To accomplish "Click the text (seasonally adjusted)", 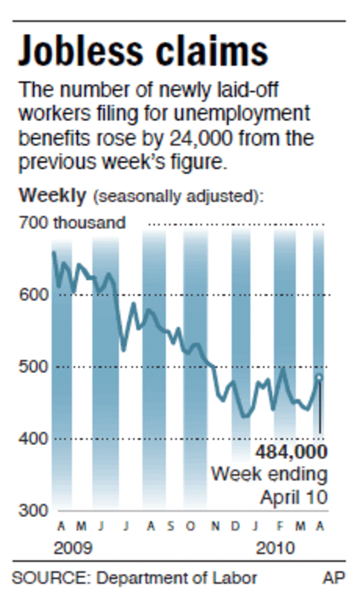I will point(178,196).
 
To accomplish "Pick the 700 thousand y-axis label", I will point(72,223).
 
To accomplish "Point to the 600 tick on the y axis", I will point(34,295).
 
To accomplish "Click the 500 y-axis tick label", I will point(34,367).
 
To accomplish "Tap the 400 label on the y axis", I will point(34,439).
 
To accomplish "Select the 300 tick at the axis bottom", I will point(34,511).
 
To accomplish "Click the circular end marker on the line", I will point(319,377).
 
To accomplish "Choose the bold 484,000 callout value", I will point(291,452).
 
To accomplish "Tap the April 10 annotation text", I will point(293,497).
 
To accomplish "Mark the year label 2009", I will point(73,548).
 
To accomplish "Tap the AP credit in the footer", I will point(334,578).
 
